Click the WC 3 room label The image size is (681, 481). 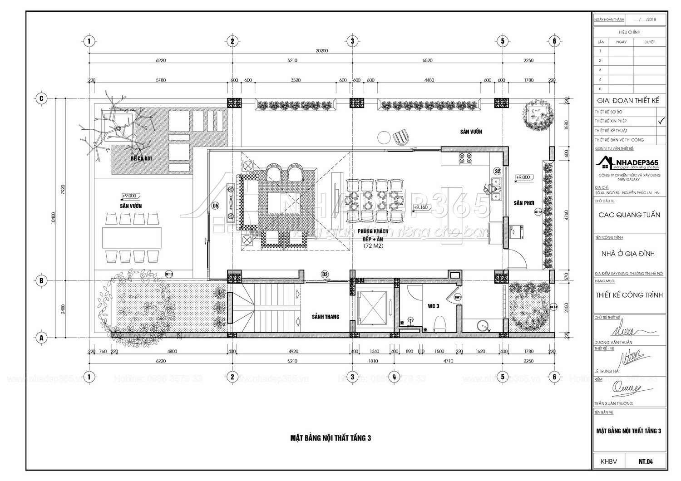tap(434, 306)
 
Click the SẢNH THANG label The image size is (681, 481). tap(326, 317)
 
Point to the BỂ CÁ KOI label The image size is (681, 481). tap(140, 159)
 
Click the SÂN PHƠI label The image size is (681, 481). tap(523, 203)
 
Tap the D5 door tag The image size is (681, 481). tap(215, 206)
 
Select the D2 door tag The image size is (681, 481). tap(325, 274)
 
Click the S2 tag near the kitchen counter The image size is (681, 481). tap(498, 171)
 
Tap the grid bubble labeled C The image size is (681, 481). tap(41, 98)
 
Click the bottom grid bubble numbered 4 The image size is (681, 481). tap(394, 377)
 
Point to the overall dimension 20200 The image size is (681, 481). tap(321, 51)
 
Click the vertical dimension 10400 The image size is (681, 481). tap(54, 218)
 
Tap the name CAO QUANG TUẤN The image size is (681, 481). tap(629, 215)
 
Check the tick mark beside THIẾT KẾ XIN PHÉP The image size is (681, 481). tap(661, 121)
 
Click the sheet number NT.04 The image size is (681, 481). tap(646, 462)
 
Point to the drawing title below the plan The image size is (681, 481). tap(331, 438)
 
